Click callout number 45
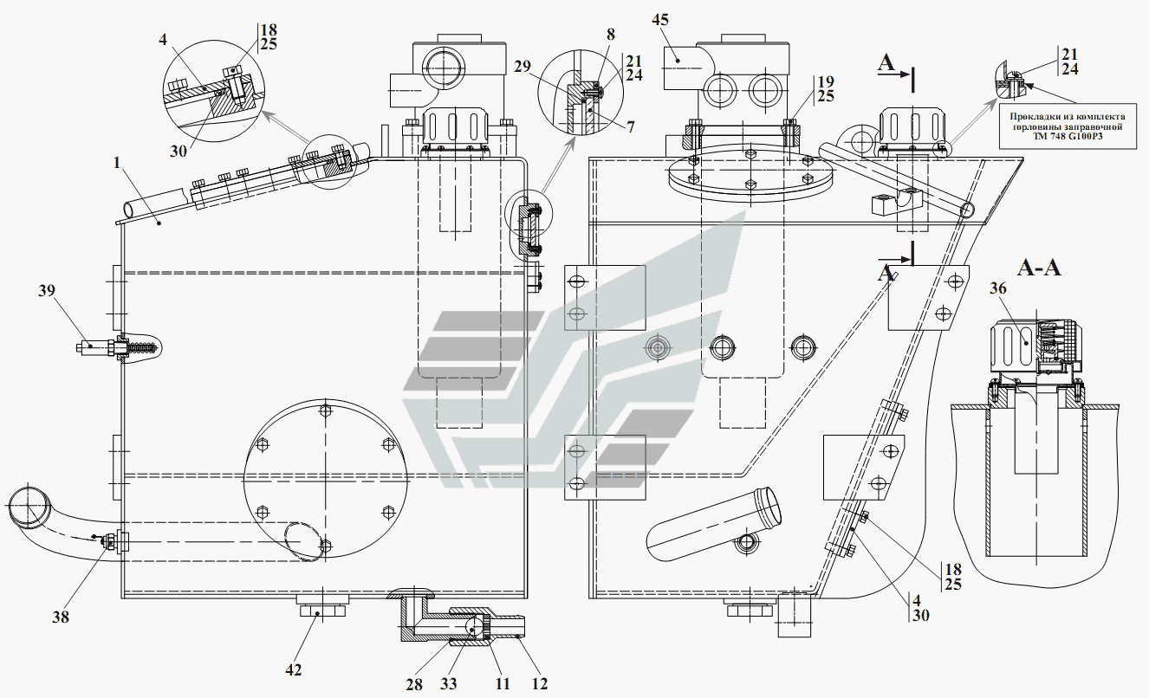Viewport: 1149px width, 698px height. click(660, 20)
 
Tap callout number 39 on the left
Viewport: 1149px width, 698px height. click(47, 291)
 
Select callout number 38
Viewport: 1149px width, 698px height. click(61, 617)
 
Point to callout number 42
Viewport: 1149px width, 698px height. click(294, 669)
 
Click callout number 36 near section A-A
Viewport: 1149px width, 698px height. click(998, 288)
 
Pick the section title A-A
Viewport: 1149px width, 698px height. click(1039, 268)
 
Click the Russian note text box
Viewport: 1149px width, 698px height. click(1068, 126)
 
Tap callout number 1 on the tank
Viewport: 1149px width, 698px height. click(116, 163)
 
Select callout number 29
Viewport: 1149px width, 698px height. click(523, 67)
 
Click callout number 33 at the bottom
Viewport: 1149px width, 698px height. click(448, 683)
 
